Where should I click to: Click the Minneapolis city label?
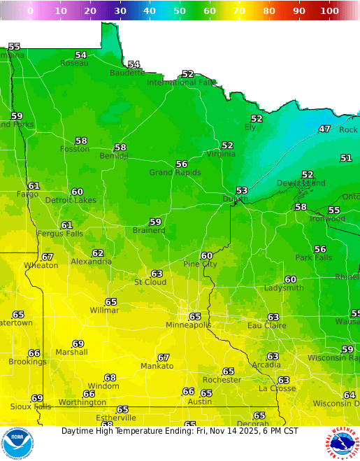tap(188, 325)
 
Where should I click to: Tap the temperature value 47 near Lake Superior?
tap(324, 129)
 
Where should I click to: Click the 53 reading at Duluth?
tap(242, 190)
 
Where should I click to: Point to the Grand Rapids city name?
tap(175, 173)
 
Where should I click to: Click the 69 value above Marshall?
tap(78, 343)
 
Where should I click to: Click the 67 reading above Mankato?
tap(163, 357)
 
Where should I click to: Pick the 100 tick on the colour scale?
tap(330, 11)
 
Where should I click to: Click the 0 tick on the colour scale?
tap(30, 11)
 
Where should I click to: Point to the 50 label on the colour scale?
tap(180, 11)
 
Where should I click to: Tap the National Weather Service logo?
tap(342, 444)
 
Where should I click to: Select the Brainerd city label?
tap(149, 230)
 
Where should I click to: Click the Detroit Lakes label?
tap(71, 200)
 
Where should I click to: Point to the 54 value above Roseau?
tap(81, 55)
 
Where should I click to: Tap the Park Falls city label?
tap(312, 257)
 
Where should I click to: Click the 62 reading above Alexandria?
tap(98, 253)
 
